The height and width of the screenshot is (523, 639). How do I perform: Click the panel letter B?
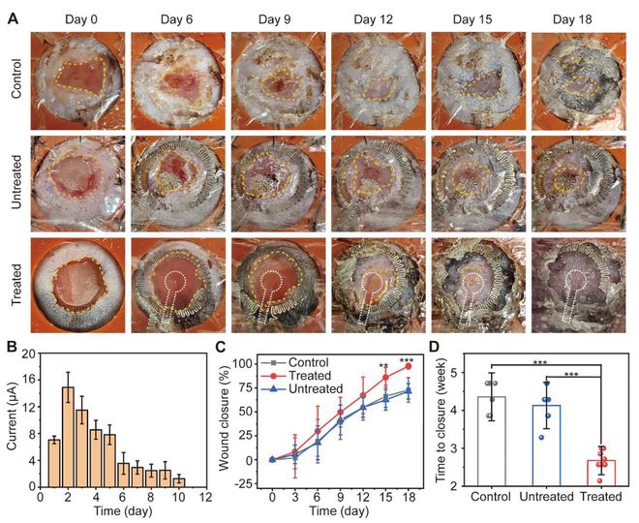click(x=14, y=342)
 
